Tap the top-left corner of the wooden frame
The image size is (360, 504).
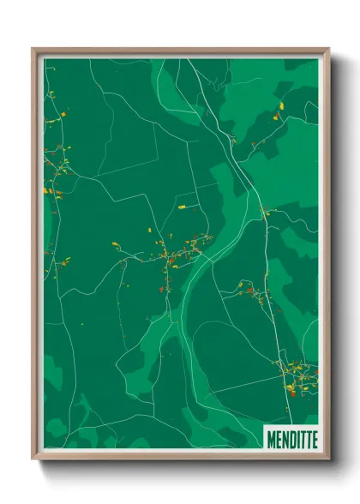click(x=33, y=49)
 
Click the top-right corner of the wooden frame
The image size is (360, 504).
click(x=328, y=49)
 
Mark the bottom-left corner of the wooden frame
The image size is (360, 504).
click(x=33, y=459)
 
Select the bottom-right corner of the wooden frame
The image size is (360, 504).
click(x=328, y=459)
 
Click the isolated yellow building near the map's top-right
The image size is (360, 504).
click(x=280, y=105)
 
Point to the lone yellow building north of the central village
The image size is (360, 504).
click(x=182, y=207)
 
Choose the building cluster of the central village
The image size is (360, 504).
click(x=176, y=253)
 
